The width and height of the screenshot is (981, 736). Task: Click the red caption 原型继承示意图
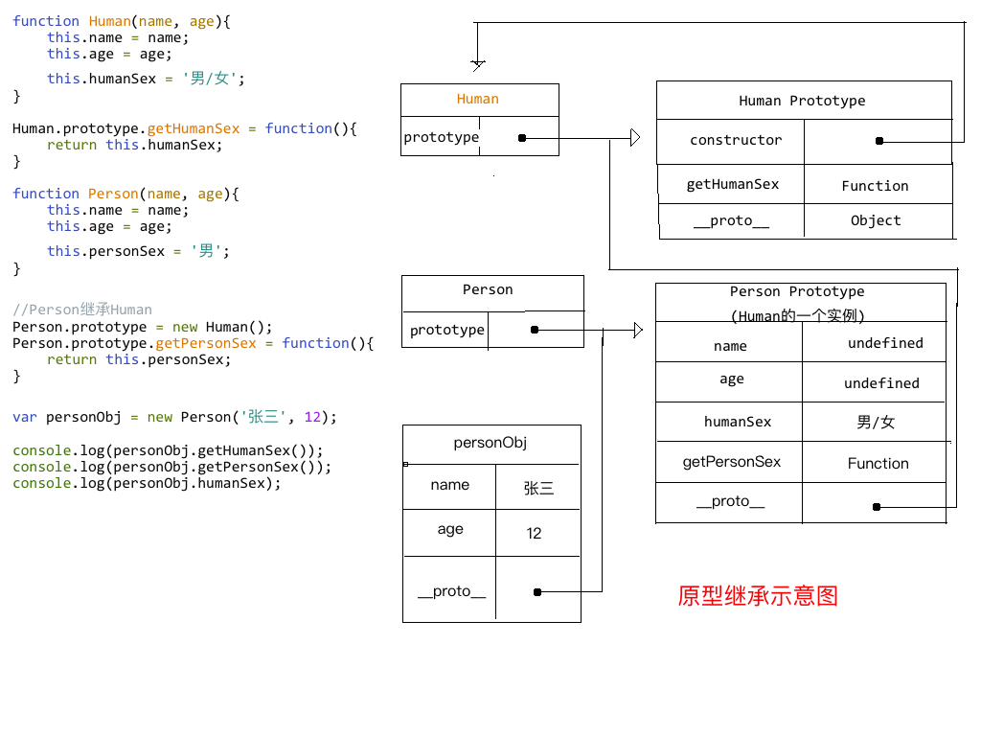758,596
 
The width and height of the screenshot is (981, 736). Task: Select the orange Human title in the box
478,99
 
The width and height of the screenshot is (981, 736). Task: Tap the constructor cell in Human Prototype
736,140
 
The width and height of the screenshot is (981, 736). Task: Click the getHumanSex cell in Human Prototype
733,184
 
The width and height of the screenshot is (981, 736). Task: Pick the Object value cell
876,220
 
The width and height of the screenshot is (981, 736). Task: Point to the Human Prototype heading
802,101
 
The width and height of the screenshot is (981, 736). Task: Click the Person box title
488,289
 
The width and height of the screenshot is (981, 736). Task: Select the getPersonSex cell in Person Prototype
732,462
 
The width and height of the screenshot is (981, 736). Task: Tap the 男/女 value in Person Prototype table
876,422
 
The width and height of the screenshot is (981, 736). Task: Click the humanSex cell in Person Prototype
738,422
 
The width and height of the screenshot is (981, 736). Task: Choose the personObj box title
490,443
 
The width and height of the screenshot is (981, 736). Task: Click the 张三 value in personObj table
538,488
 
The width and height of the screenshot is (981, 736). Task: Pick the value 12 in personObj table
535,533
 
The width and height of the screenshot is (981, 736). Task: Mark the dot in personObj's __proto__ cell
537,592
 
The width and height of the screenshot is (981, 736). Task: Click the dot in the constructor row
878,141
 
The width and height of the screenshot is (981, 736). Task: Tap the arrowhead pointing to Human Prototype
635,138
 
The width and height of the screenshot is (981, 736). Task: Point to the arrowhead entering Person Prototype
638,331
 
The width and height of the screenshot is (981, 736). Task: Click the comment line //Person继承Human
82,310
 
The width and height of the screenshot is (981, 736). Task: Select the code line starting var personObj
174,417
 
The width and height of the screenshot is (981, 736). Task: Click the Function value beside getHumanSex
875,186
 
